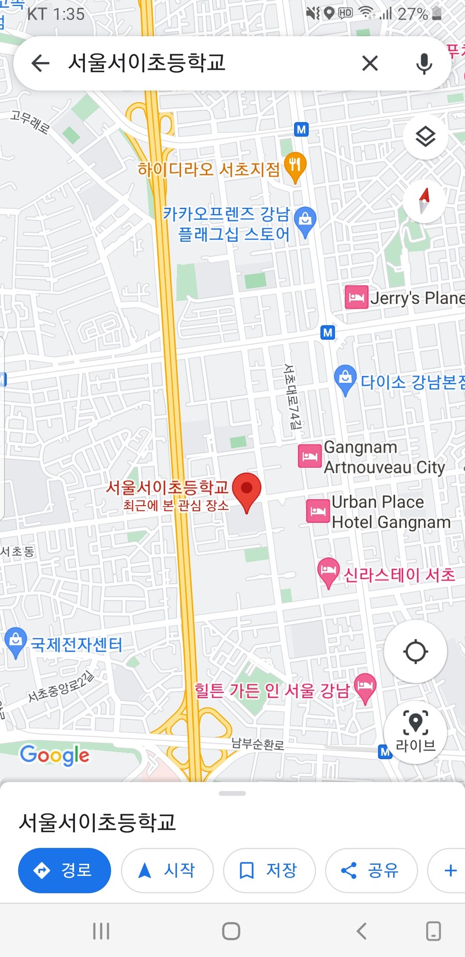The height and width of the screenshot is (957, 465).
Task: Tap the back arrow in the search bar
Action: [40, 64]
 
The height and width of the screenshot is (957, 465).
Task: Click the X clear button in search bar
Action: [370, 64]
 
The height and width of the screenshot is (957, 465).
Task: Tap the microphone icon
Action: [424, 64]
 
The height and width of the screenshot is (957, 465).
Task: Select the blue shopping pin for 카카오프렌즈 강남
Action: [305, 221]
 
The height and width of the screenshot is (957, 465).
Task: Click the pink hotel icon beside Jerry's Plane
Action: [357, 297]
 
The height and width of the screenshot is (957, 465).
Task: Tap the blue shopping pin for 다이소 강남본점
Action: [345, 379]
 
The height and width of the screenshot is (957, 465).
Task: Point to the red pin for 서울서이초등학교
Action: [246, 490]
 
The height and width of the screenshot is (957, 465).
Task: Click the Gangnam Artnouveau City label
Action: [384, 457]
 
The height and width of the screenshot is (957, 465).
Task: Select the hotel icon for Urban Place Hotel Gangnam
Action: [318, 512]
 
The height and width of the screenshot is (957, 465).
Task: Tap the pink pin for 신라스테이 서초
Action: [328, 572]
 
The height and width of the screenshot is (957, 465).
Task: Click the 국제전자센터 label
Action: [76, 645]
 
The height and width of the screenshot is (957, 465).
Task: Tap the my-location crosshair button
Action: [415, 651]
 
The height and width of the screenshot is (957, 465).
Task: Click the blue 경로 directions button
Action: [65, 870]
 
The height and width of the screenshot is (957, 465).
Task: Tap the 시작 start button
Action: [167, 870]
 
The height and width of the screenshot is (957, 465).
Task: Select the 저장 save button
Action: [269, 870]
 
